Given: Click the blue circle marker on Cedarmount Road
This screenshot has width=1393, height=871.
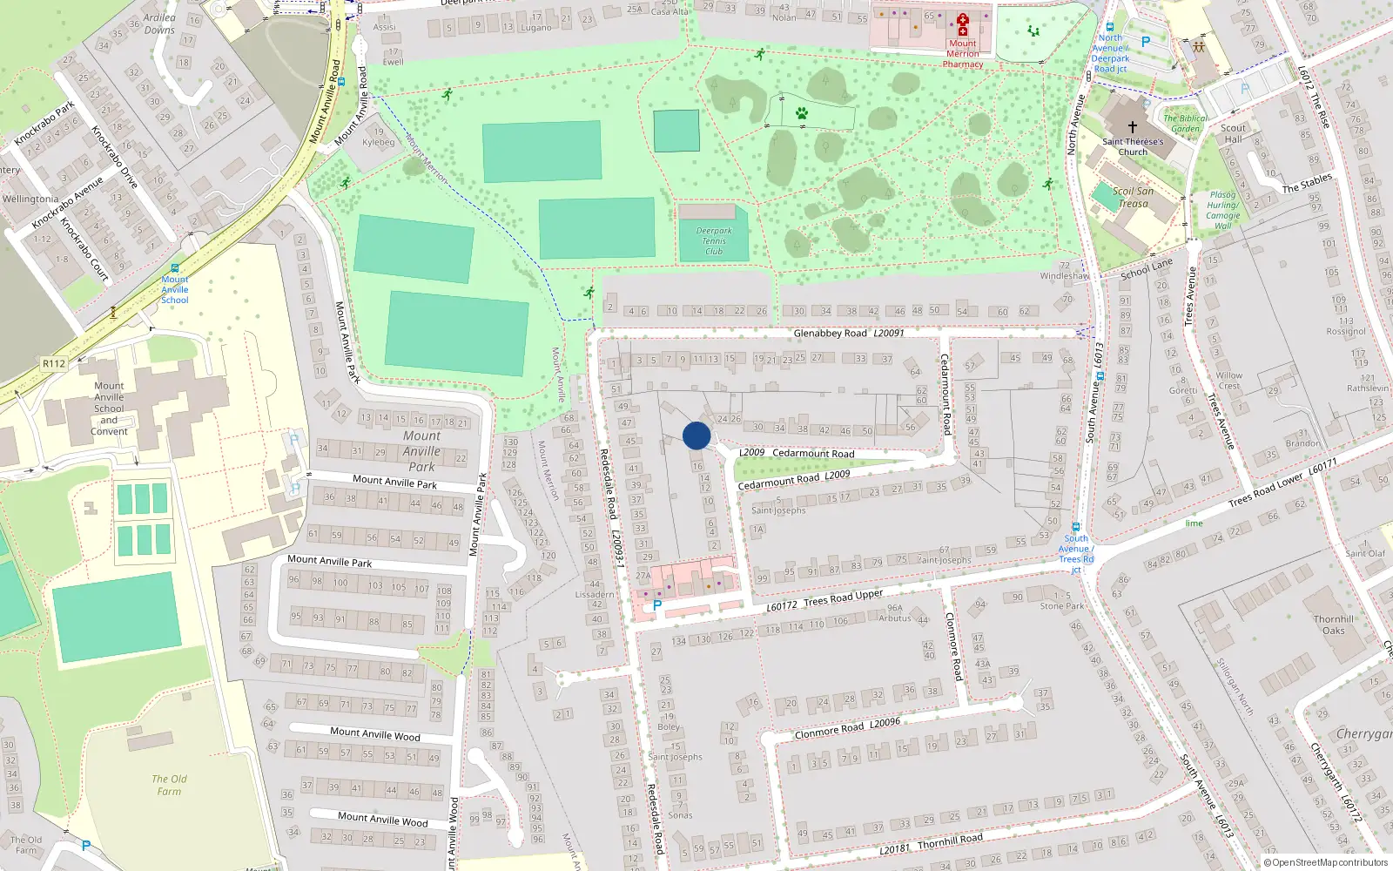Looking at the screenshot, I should [696, 435].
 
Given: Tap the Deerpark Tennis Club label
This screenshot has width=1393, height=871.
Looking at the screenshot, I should [714, 241].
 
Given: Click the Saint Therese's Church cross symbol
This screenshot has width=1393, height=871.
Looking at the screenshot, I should [1132, 126].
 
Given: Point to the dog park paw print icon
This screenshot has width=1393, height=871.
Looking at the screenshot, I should [801, 113].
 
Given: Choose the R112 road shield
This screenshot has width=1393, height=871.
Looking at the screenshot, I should [54, 363].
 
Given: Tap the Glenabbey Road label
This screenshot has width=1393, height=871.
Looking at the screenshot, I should [830, 333].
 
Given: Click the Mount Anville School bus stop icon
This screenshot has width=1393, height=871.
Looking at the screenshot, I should [175, 268].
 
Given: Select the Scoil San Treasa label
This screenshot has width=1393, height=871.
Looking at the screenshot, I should [1133, 198].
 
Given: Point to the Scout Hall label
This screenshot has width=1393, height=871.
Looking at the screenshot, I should [1233, 133].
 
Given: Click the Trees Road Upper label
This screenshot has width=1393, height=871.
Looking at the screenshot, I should [843, 598].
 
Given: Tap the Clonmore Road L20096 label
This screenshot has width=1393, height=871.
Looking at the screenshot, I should [847, 728].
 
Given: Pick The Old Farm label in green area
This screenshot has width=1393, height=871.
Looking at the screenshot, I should [169, 785].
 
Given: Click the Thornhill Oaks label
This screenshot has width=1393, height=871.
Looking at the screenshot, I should [1333, 625].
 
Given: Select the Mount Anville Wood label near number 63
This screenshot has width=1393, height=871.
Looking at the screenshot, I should [374, 733].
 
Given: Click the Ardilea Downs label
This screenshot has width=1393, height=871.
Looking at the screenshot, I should [159, 24].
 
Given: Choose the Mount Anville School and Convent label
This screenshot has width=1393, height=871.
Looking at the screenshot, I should [109, 408].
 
